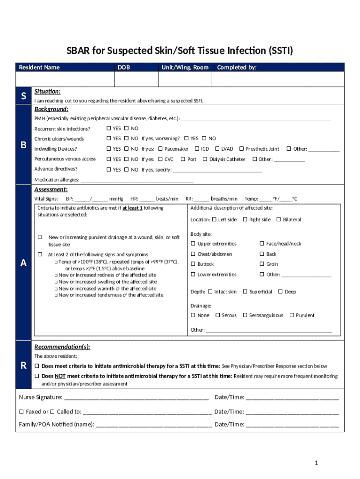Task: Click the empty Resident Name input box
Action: tap(65, 80)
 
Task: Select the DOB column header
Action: tap(124, 67)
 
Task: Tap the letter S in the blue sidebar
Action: tap(23, 96)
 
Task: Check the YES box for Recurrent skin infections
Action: tap(108, 129)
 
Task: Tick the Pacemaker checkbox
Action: tap(160, 149)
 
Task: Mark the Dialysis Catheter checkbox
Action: tap(205, 159)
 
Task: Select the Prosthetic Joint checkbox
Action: tap(241, 149)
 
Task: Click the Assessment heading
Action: tap(51, 189)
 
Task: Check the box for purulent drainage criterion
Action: tap(40, 238)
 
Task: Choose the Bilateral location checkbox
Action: tap(279, 219)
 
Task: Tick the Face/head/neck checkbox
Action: tap(262, 244)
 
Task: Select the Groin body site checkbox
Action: tap(262, 264)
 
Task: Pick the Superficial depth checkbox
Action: tap(245, 292)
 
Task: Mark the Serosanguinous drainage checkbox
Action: tap(245, 315)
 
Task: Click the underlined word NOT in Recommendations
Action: tap(60, 376)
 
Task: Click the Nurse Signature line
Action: tap(136, 398)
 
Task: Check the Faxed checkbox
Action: tap(21, 412)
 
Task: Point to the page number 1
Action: tap(316, 463)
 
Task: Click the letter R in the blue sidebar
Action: tap(23, 365)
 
